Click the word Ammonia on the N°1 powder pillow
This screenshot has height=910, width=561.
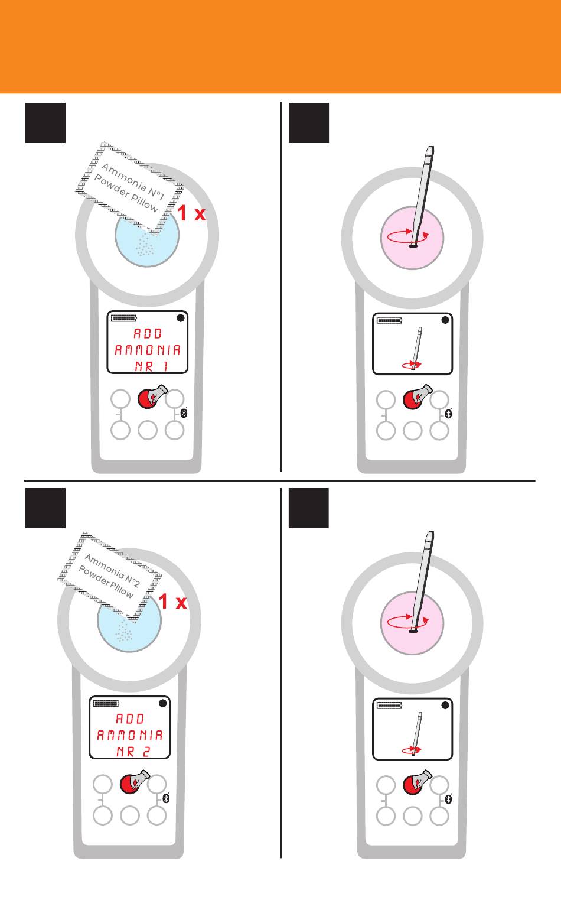tap(123, 177)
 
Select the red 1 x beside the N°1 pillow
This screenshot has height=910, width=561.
tap(191, 213)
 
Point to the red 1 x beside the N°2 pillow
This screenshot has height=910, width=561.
tap(172, 602)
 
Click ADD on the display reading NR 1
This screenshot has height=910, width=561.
tap(148, 333)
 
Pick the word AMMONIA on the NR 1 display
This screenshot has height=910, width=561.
tap(148, 350)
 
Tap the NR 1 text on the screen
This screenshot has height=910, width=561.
tap(151, 366)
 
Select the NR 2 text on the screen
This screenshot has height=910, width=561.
tap(133, 752)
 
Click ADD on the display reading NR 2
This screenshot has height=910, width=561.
tap(130, 719)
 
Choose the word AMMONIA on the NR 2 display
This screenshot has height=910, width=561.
tap(129, 735)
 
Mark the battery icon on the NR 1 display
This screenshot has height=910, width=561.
tap(124, 318)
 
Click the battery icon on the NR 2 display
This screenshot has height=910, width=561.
tap(106, 703)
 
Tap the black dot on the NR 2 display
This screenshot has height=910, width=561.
tap(163, 703)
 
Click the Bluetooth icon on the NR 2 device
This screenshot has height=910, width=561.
tap(166, 798)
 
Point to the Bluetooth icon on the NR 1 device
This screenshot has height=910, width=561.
tap(184, 413)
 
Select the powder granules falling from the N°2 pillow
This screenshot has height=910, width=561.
tap(124, 632)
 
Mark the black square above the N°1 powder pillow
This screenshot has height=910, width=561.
tap(45, 123)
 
